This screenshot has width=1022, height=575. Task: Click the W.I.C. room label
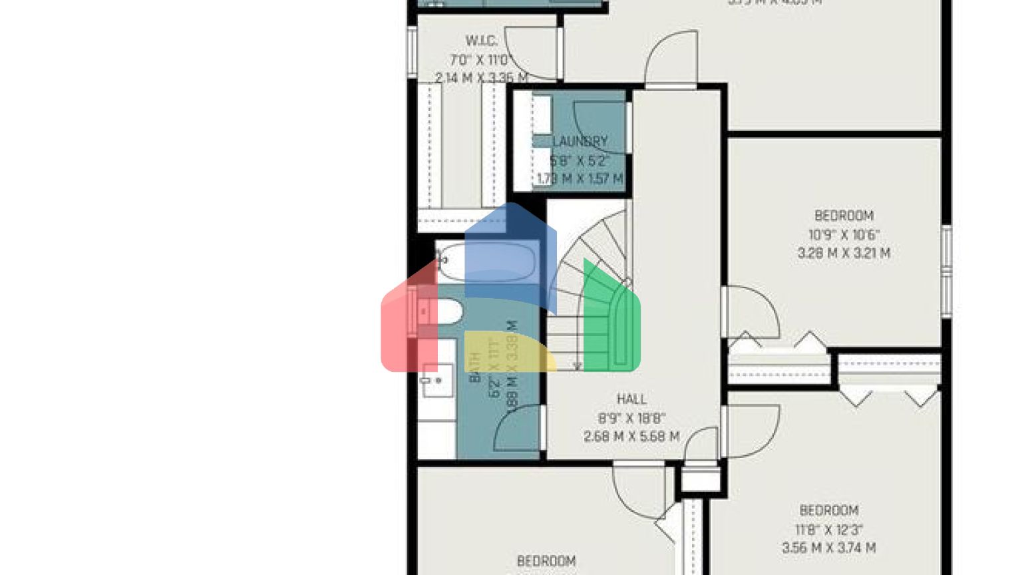(x=481, y=41)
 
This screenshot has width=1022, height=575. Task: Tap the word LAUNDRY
(x=580, y=141)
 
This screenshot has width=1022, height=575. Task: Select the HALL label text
(x=631, y=399)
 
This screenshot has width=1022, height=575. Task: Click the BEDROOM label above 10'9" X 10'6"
(x=844, y=216)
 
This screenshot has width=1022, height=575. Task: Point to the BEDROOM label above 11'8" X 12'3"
(x=828, y=510)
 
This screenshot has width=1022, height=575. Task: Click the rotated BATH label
(x=476, y=367)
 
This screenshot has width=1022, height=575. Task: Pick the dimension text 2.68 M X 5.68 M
(x=631, y=437)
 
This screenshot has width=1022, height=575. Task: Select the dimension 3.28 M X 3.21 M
(x=844, y=253)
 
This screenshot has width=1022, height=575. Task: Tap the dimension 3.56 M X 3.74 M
(x=828, y=548)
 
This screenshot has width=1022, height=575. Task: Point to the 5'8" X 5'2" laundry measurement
(x=580, y=160)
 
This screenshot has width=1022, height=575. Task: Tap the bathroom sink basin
(x=436, y=381)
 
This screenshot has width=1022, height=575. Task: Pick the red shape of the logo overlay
(x=406, y=326)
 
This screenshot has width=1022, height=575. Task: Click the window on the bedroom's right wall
(x=946, y=270)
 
